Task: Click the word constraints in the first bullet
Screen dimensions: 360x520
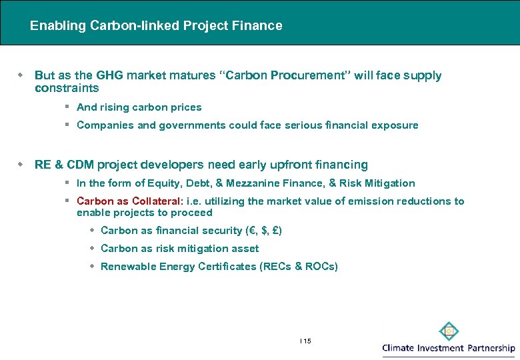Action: pos(67,88)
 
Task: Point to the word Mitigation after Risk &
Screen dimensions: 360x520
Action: pos(391,183)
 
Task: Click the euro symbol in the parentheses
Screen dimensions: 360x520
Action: pos(249,231)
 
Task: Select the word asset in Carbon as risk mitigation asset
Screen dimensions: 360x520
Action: pos(246,249)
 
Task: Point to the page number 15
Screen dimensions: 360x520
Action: pos(307,341)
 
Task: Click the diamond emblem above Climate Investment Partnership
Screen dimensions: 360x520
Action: pos(449,331)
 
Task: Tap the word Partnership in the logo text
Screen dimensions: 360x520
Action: pos(490,348)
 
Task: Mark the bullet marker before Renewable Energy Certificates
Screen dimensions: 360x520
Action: pos(93,267)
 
